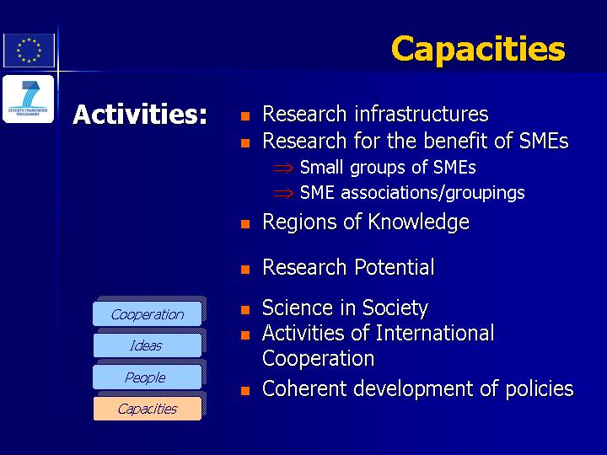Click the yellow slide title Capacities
[478, 50]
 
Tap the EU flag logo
[29, 51]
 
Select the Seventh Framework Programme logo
[29, 99]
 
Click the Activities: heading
[140, 115]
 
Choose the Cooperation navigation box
[147, 314]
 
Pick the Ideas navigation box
[147, 345]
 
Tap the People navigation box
[147, 377]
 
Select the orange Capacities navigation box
[147, 409]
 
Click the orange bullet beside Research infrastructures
[245, 116]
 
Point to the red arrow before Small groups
[283, 169]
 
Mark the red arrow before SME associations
[283, 193]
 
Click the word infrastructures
[422, 114]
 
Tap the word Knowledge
[418, 222]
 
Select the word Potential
[395, 267]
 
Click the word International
[435, 333]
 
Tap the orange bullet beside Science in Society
[245, 310]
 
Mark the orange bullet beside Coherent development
[245, 391]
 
